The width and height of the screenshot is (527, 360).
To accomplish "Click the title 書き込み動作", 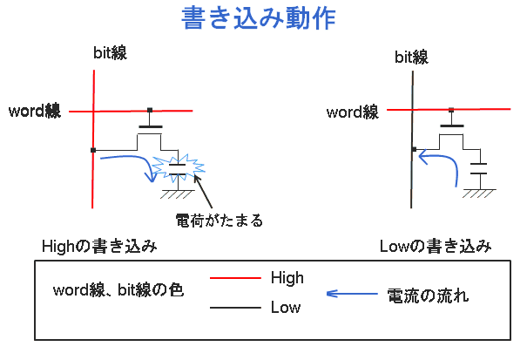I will (259, 19).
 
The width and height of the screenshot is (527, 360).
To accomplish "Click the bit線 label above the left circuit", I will (111, 54).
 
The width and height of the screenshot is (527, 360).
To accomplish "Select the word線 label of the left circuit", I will (35, 111).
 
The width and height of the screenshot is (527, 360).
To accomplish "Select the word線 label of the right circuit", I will (352, 112).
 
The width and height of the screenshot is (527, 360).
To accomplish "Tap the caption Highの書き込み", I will (99, 247).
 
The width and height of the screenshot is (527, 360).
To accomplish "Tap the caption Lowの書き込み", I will (436, 247).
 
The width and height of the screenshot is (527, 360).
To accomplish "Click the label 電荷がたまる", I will (219, 220).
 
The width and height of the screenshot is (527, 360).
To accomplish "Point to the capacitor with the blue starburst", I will (177, 165).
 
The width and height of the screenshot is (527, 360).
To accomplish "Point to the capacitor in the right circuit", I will (477, 167).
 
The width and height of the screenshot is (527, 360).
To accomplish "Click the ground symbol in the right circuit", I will (477, 192).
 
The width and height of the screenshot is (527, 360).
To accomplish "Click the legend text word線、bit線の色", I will (118, 290).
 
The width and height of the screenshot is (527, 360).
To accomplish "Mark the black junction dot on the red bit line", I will (92, 150).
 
